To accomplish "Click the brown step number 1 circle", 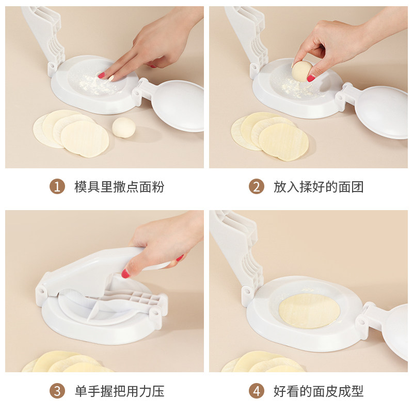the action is (x=57, y=186).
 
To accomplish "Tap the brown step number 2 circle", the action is (x=256, y=186).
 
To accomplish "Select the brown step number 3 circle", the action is (x=57, y=391).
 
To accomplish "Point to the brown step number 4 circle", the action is (x=256, y=391).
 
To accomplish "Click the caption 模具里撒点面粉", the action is (x=119, y=187).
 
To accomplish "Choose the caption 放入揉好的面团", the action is (x=319, y=187).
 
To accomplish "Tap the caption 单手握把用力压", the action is (x=119, y=391).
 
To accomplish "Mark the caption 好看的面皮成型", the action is (x=319, y=391).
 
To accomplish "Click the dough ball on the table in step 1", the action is (x=124, y=128).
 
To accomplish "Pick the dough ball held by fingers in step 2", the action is (x=302, y=71).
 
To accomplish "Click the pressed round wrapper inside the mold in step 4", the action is (x=309, y=311).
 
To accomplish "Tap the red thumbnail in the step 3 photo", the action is (x=125, y=274).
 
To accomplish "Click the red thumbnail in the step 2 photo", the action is (x=311, y=78).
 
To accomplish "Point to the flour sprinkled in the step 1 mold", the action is (x=96, y=84).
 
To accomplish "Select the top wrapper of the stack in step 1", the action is (x=85, y=139).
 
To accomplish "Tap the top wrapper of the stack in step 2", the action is (x=283, y=141).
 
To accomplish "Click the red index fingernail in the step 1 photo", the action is (x=101, y=75).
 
